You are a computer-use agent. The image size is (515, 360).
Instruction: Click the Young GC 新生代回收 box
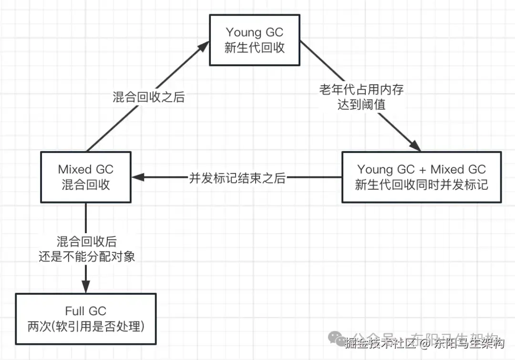click(255, 40)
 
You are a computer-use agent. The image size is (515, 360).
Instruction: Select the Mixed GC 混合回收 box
click(86, 177)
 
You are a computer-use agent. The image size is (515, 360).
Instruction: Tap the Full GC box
click(86, 319)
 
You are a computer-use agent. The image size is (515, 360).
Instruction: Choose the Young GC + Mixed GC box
click(422, 177)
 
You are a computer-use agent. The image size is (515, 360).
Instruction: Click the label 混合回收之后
click(148, 97)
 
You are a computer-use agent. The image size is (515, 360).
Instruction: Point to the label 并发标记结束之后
click(237, 178)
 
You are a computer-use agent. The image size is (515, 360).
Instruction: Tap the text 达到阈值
click(361, 105)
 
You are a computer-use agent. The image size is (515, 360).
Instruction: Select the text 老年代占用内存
click(361, 90)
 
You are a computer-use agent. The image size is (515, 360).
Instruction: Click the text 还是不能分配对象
click(86, 257)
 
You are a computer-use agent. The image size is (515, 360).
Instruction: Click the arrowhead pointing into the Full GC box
click(86, 287)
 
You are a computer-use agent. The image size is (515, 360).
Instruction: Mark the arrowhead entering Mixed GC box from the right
click(138, 177)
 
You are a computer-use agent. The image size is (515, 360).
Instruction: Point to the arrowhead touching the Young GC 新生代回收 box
click(204, 46)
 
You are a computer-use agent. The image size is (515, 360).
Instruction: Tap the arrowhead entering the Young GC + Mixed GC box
click(415, 146)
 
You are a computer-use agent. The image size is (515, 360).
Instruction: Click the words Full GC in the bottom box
click(86, 311)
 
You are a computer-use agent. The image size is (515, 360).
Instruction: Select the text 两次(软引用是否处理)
click(86, 327)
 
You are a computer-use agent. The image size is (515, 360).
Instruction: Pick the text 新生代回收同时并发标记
click(422, 185)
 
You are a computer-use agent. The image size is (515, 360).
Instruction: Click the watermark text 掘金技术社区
click(377, 342)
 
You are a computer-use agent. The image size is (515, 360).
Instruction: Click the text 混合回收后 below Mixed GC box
click(86, 242)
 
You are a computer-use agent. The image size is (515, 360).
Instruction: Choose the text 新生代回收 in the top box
click(255, 48)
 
